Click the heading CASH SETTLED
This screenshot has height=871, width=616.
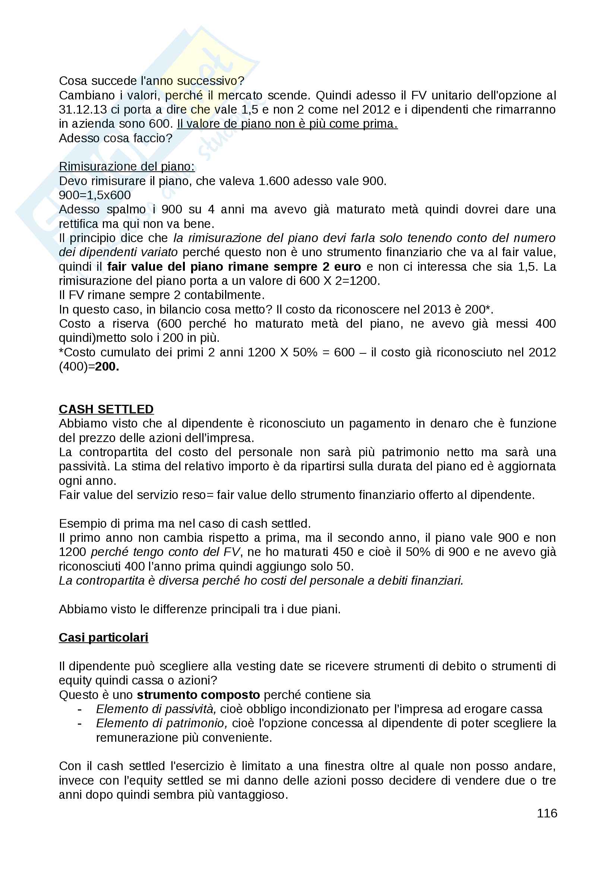coord(106,409)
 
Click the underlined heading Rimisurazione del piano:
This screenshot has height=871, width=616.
coord(127,166)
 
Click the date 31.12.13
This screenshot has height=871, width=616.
coord(83,109)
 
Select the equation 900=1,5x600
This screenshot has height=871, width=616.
coord(95,195)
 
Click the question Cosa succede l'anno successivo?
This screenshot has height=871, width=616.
coord(151,81)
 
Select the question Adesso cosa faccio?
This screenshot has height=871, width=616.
coord(116,138)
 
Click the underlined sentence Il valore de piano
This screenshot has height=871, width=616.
coord(287,124)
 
